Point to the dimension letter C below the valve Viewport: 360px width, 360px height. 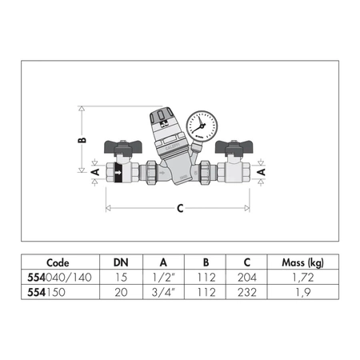click(180, 208)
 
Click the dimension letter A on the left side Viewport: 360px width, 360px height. click(94, 171)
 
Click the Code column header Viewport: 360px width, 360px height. click(58, 262)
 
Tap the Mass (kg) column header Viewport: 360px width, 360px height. click(303, 262)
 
